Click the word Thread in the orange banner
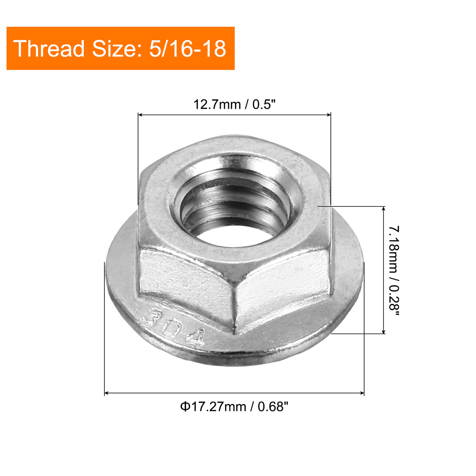[x=49, y=49]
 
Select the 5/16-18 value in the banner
[x=187, y=49]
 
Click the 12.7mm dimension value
[x=217, y=104]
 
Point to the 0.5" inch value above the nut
[x=263, y=104]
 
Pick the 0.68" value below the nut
[x=273, y=407]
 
